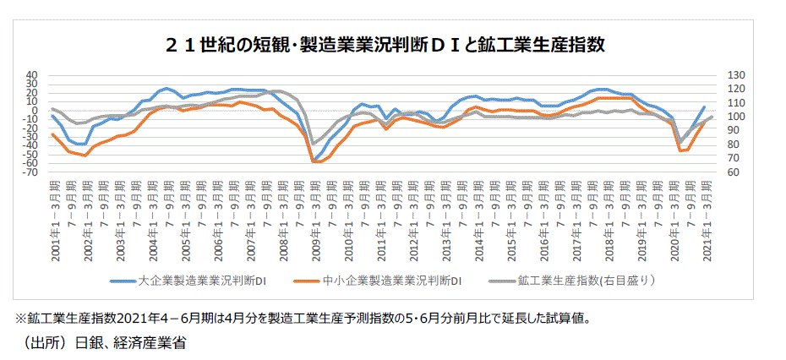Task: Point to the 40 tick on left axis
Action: [x=32, y=74]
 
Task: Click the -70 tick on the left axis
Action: [x=30, y=172]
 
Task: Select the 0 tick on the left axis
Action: [x=35, y=110]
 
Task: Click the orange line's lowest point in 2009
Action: [x=317, y=161]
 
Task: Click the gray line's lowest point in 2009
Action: [x=314, y=144]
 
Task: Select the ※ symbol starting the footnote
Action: [x=21, y=319]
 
